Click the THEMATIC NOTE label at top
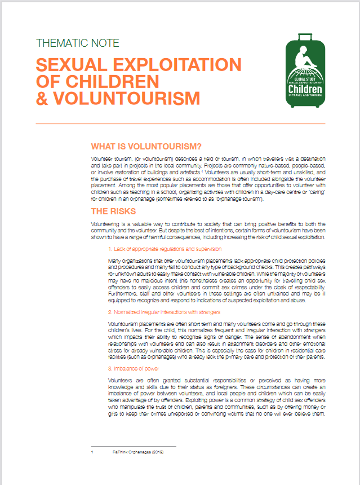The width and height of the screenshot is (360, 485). (77, 43)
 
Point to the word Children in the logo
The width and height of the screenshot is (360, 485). (305, 89)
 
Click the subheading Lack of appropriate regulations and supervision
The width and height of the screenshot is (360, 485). (165, 249)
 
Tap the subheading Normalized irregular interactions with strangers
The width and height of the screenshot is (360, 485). (165, 311)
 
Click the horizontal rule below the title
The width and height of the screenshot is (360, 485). (180, 124)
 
